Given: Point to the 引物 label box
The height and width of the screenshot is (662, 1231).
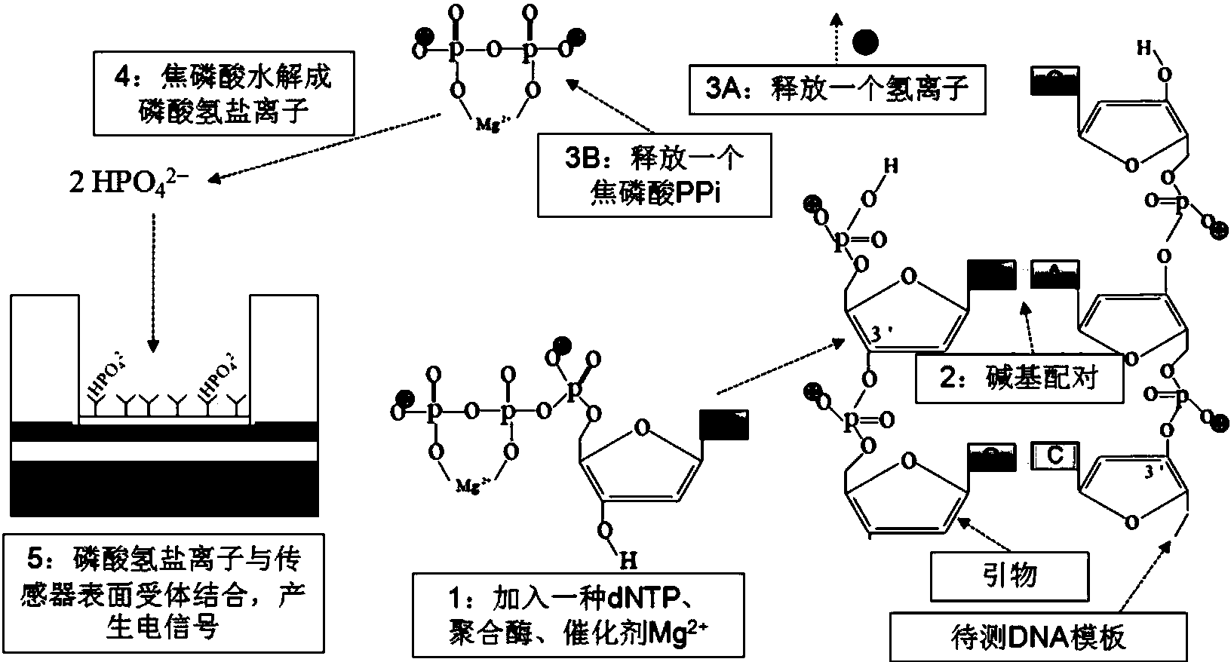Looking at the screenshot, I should point(1010,575).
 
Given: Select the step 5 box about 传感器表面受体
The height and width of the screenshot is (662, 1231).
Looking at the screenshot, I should point(165,593).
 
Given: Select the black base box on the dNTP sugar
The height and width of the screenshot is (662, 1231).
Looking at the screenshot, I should point(724,424).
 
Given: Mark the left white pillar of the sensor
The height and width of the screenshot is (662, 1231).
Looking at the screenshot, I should point(45,359).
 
